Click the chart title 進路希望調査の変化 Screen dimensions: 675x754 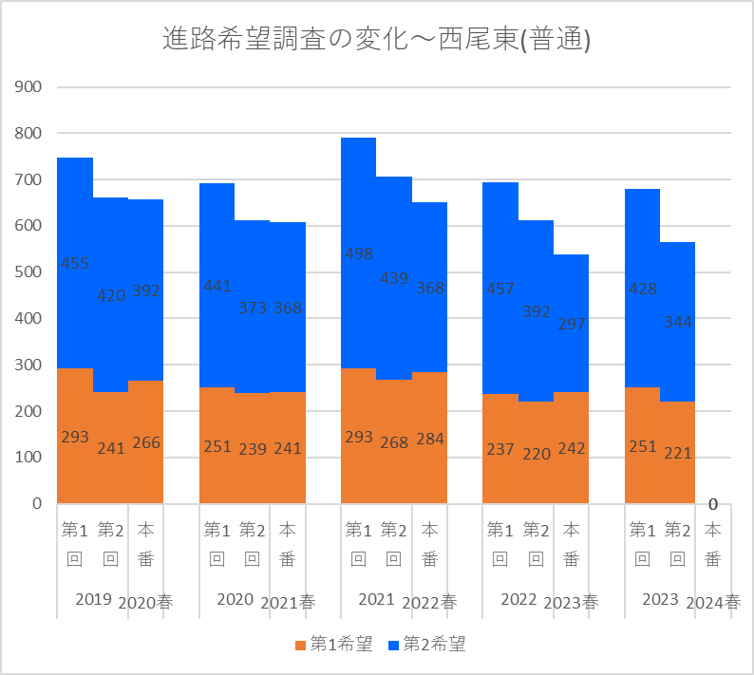click(376, 40)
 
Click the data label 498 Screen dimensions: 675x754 click(359, 254)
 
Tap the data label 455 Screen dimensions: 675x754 click(75, 264)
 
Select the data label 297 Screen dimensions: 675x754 click(572, 325)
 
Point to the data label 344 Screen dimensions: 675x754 click(678, 323)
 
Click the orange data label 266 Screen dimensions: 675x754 click(146, 442)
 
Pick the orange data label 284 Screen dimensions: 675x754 click(430, 439)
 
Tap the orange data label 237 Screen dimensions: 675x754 click(500, 448)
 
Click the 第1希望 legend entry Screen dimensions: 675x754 click(333, 645)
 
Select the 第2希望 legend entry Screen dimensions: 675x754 click(427, 645)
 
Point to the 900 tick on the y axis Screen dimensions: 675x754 click(29, 87)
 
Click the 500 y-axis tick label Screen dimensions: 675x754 click(29, 272)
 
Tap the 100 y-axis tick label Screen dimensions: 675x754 click(29, 458)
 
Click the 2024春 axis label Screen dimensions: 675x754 click(713, 603)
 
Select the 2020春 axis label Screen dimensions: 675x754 click(145, 603)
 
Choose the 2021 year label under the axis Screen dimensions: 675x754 click(376, 600)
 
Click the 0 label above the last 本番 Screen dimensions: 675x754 click(712, 504)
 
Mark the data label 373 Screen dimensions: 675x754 click(252, 308)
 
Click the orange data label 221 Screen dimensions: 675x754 click(678, 453)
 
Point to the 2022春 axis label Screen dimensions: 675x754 click(429, 603)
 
